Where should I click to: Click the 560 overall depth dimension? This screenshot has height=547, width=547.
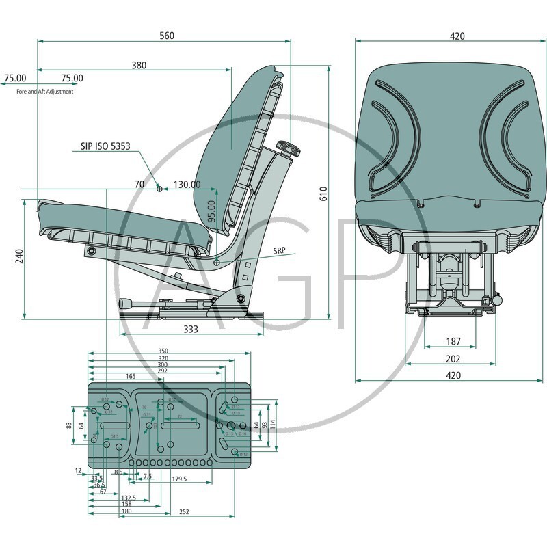[x=166, y=36]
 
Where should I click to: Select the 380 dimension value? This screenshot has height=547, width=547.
[x=139, y=66]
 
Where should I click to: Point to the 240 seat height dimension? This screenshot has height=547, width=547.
[x=19, y=256]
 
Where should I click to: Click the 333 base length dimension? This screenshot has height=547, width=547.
[x=191, y=330]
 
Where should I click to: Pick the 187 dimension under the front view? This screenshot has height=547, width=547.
[x=453, y=341]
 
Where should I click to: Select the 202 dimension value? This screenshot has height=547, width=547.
[x=453, y=358]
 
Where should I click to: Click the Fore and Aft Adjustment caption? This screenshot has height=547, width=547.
[x=45, y=92]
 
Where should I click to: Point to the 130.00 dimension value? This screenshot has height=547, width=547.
[x=187, y=185]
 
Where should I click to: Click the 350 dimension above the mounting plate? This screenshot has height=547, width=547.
[x=163, y=351]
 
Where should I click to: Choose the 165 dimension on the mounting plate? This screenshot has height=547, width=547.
[x=131, y=376]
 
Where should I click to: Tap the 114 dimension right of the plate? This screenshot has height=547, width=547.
[x=273, y=424]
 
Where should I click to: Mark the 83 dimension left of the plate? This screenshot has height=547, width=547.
[x=69, y=425]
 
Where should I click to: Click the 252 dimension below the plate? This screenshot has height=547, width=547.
[x=183, y=512]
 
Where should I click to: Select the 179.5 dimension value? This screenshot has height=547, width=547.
[x=179, y=479]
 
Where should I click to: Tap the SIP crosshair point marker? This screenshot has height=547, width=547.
[x=159, y=189]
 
